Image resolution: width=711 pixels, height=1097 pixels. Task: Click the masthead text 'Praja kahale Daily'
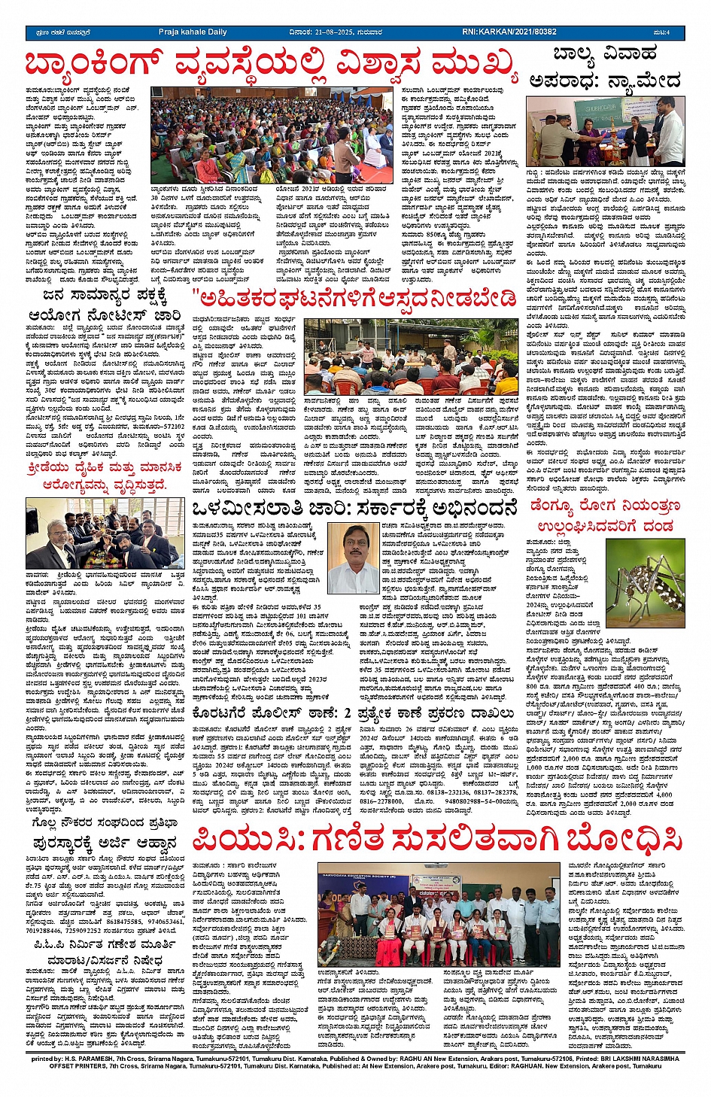tap(193, 32)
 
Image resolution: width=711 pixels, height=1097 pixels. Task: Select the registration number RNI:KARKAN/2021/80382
tap(509, 32)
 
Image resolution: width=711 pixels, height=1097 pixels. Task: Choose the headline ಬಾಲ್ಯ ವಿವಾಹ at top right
tap(605, 54)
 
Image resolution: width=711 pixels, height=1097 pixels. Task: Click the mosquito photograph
tap(645, 583)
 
